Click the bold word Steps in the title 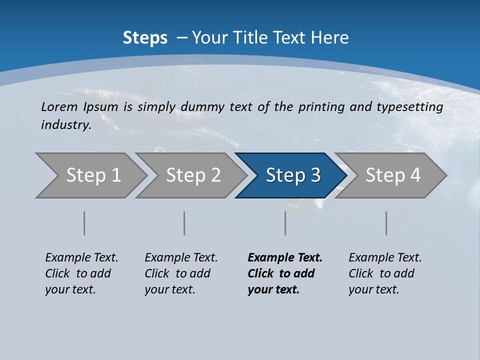(x=145, y=38)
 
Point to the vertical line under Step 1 (x=84, y=223)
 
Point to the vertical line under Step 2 (x=184, y=223)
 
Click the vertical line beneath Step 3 (x=285, y=223)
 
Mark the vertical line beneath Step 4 (x=386, y=223)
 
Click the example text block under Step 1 (x=81, y=273)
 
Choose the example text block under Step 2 (x=181, y=273)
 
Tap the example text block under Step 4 (x=385, y=273)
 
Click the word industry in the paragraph (x=65, y=124)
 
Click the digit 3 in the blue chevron (x=315, y=175)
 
